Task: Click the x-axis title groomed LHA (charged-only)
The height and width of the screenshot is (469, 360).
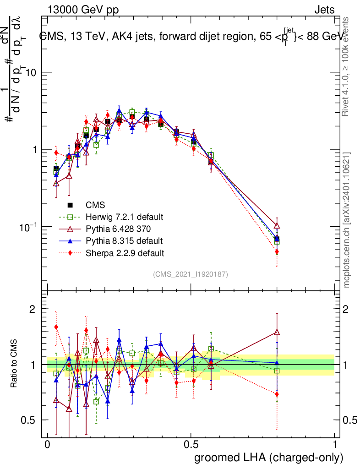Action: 269,457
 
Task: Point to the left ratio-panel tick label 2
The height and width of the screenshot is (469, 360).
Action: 33,309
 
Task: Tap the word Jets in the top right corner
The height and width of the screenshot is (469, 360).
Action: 324,10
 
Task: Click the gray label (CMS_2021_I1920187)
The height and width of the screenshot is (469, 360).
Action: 191,274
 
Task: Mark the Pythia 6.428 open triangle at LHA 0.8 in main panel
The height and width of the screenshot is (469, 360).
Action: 277,225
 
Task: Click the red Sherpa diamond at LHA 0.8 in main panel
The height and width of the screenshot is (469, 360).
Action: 277,251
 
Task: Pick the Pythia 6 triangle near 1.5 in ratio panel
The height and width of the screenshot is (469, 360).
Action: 277,333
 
